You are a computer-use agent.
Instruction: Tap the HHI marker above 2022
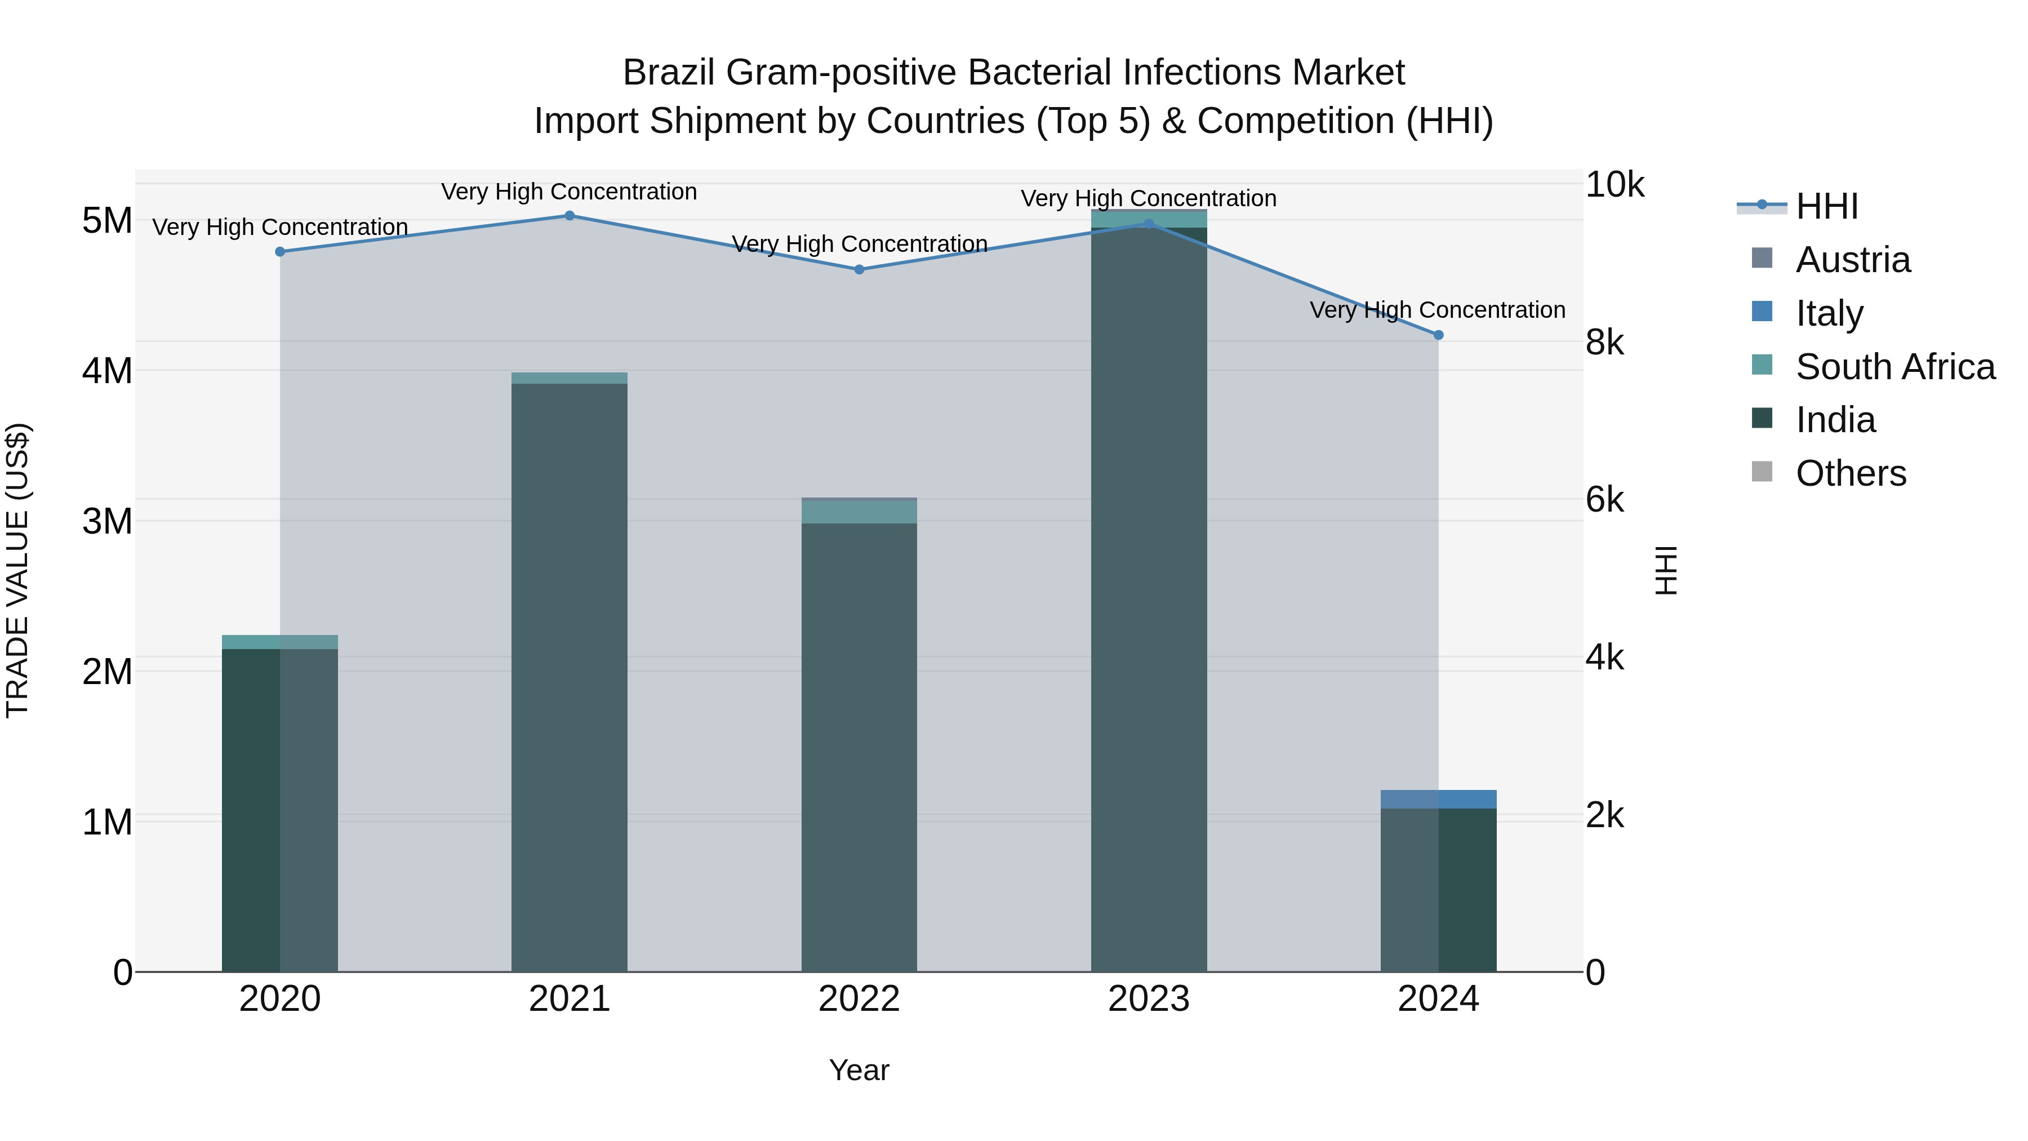tap(859, 269)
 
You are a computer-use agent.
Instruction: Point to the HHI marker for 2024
tap(1438, 335)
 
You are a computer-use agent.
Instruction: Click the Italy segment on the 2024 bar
tap(1438, 799)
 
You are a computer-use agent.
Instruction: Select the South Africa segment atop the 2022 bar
tap(859, 512)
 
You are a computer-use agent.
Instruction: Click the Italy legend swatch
tap(1762, 312)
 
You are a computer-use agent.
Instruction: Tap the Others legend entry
tap(1850, 473)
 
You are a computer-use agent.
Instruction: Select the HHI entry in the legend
tap(1826, 206)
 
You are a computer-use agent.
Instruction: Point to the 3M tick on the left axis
tap(107, 521)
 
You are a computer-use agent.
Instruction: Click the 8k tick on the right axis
tap(1604, 343)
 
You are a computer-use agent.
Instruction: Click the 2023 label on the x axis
tap(1149, 999)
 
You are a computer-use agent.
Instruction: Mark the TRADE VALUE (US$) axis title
tap(17, 570)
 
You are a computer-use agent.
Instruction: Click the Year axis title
tap(859, 1070)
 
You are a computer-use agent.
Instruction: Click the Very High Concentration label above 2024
tap(1438, 310)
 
